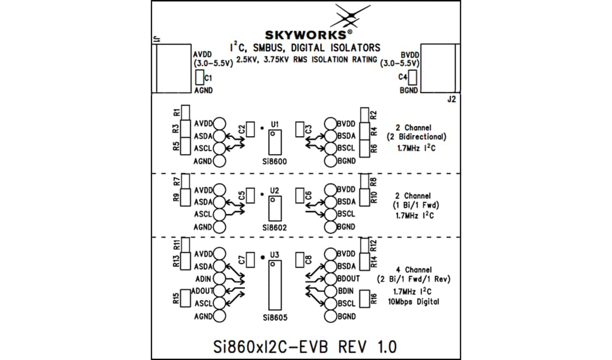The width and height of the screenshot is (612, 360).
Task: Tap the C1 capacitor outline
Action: pos(199,78)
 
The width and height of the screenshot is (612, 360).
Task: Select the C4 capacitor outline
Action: pos(413,77)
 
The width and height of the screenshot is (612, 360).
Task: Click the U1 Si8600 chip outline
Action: pos(275,142)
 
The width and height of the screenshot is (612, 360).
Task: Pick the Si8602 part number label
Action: pos(275,227)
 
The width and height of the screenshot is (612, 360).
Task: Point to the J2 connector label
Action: pos(451,99)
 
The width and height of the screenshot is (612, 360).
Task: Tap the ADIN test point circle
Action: pos(219,279)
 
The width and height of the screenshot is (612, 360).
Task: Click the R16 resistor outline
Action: pos(364,299)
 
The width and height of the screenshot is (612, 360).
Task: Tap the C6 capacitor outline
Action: pos(299,195)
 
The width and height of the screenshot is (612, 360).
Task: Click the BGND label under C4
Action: pos(409,91)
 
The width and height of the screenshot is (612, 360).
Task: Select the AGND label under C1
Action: pos(203,91)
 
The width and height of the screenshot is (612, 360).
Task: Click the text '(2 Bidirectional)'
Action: pos(416,137)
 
